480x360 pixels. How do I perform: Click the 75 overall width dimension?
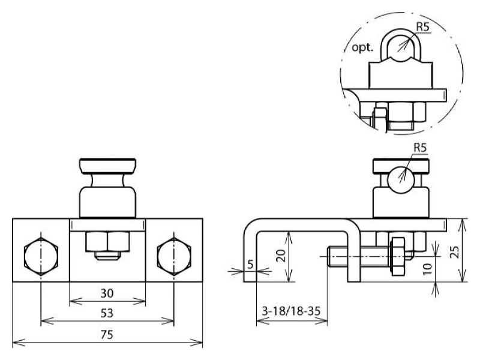(107, 335)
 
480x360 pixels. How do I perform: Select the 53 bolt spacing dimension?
(107, 313)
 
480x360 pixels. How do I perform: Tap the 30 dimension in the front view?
(107, 293)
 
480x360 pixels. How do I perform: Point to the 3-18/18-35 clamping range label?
(291, 311)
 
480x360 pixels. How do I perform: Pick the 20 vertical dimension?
(281, 256)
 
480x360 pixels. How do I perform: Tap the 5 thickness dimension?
(250, 264)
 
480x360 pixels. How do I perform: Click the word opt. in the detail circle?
(362, 48)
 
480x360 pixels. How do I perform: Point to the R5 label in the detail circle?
(423, 27)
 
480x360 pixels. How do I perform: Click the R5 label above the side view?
(420, 148)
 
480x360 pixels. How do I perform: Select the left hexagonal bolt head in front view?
(41, 256)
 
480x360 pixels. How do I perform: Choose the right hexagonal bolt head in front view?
(174, 256)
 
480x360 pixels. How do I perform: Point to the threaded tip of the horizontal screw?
(332, 256)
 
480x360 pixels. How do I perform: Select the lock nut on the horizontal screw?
(397, 256)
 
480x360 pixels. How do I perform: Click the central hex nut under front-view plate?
(107, 241)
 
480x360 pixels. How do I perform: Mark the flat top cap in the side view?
(401, 166)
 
